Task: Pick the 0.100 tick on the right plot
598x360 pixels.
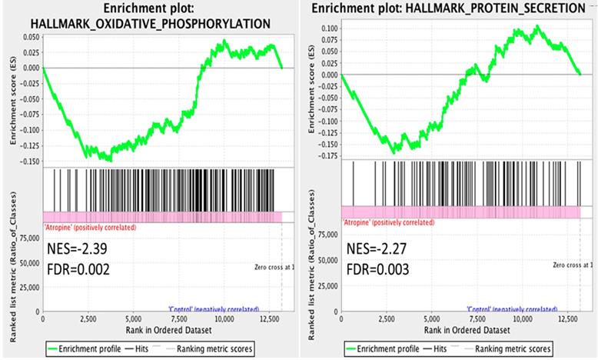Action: tap(327, 28)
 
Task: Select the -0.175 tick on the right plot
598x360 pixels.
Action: tap(326, 155)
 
